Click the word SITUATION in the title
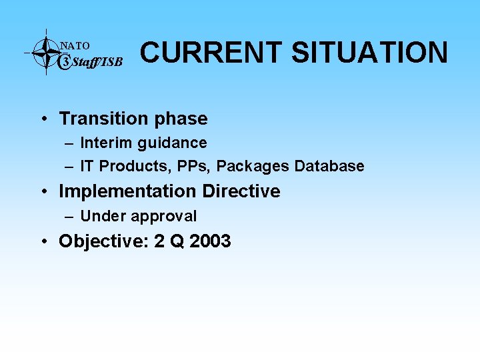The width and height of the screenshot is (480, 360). click(x=370, y=53)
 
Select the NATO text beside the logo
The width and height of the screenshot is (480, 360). click(x=75, y=46)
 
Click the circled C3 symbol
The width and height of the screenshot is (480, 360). click(x=65, y=62)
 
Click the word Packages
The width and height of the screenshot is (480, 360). click(x=253, y=167)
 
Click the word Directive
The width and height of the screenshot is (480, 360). click(x=241, y=191)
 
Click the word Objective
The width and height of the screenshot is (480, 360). click(x=103, y=241)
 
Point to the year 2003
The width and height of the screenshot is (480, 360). click(x=210, y=241)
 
